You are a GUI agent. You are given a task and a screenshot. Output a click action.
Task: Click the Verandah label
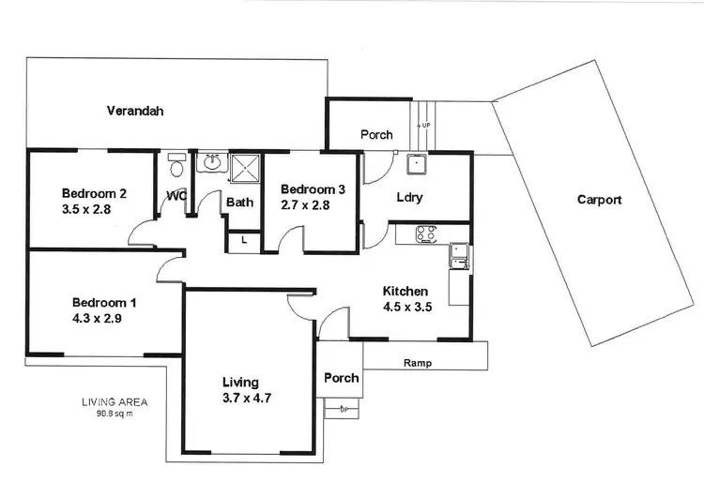coord(134,111)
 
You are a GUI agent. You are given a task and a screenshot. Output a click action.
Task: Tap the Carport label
coord(599,200)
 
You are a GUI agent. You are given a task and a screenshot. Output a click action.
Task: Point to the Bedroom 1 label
coord(105,302)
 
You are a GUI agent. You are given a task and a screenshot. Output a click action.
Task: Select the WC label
coord(176,196)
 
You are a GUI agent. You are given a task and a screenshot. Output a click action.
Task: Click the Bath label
coord(240,202)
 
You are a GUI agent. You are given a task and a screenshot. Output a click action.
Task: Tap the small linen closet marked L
coord(244,241)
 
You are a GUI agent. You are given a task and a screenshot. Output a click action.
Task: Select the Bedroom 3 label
coord(314,189)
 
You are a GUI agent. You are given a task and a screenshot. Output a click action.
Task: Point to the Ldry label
coord(409,197)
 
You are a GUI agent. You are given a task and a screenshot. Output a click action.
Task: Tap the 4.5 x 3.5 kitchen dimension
coord(406,307)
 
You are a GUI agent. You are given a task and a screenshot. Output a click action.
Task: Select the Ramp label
coord(417,363)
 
